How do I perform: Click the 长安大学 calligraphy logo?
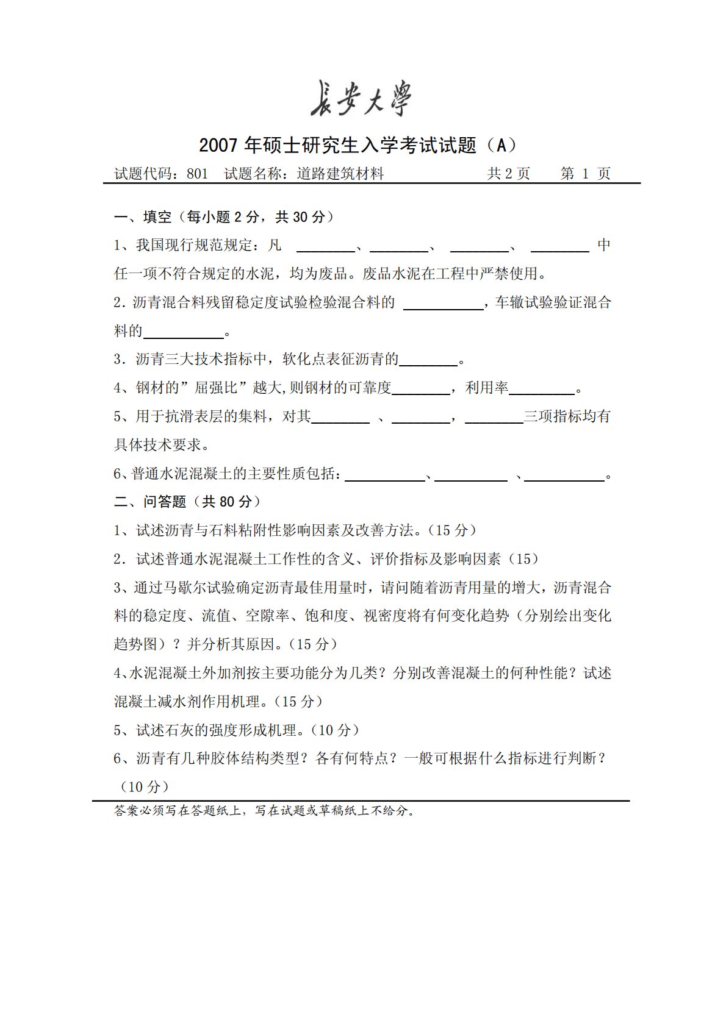361,99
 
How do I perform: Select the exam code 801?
197,174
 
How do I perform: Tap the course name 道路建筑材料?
340,174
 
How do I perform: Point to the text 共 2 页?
508,174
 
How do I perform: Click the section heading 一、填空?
143,217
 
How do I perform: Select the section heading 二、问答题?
150,502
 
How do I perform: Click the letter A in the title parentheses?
501,145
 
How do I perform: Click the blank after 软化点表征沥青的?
428,360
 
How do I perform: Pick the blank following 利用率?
542,389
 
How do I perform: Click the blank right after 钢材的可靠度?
421,389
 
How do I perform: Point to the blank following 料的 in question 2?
184,332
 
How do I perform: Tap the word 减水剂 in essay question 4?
181,702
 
